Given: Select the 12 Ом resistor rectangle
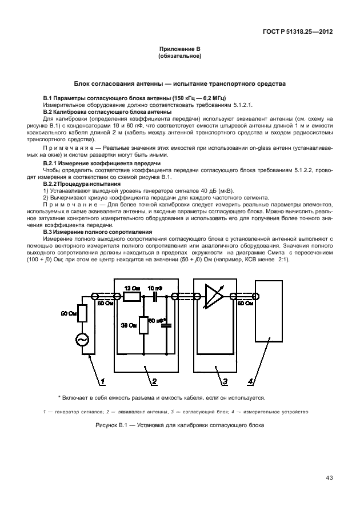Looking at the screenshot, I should (133, 297).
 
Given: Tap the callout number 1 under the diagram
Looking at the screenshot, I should (103, 380).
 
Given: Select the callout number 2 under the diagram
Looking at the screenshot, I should (153, 380).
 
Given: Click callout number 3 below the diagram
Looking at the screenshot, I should (225, 380).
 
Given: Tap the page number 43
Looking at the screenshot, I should (330, 478).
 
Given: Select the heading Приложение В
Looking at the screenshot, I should (179, 50).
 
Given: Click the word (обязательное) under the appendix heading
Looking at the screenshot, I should (179, 57).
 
